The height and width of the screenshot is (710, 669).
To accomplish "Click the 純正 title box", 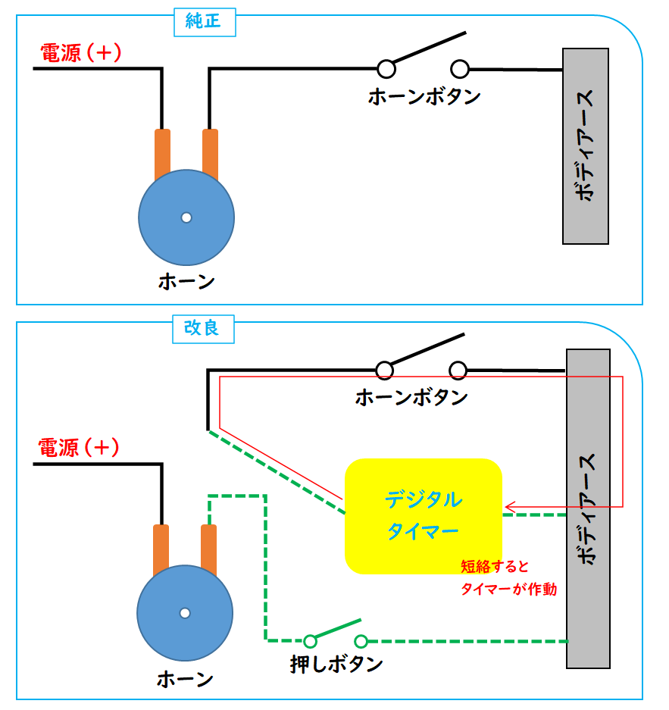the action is tap(205, 22).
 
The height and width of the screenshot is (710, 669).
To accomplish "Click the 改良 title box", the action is tap(203, 329).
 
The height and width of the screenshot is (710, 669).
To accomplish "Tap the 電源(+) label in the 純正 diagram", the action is tap(81, 52).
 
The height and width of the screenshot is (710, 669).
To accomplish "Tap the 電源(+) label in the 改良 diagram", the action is tap(79, 447).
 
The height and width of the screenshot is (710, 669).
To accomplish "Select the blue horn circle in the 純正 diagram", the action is tap(186, 217).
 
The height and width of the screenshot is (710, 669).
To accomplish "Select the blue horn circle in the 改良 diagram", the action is tap(185, 613).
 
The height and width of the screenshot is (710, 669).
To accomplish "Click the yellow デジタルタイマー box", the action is tap(424, 517).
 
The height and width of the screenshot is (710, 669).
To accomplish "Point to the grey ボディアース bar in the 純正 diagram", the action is tap(586, 146).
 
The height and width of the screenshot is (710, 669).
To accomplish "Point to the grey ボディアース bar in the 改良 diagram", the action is tap(589, 508).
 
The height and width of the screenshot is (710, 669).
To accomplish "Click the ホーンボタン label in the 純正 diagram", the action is tap(424, 97).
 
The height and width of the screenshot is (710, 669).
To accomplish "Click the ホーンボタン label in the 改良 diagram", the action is tap(411, 398).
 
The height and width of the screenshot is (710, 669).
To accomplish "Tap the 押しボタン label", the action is tap(336, 665).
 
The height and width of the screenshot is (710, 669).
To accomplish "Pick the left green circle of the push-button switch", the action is tap(310, 641).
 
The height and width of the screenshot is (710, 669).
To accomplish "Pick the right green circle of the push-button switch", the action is tap(361, 641).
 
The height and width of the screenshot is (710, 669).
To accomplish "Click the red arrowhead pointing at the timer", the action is tap(510, 507).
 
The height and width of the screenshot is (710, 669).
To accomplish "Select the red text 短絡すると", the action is tap(495, 567).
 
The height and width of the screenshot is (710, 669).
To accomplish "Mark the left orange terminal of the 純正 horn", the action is tap(162, 154).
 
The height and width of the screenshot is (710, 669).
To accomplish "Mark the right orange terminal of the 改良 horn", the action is tap(208, 549).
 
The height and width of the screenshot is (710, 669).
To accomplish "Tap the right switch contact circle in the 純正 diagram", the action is tap(460, 69).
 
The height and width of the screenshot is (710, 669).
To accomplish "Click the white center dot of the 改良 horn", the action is tap(185, 613).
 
